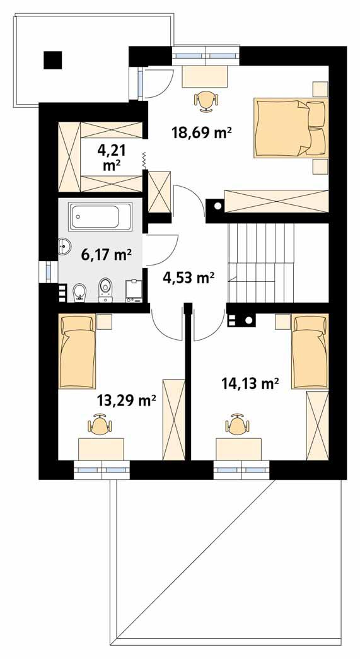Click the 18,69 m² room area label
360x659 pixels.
(202, 132)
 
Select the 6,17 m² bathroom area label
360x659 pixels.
(106, 255)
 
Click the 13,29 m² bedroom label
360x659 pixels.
(126, 400)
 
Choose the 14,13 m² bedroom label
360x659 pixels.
(250, 382)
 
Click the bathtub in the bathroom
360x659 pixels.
(101, 216)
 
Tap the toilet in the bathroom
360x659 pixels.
(105, 289)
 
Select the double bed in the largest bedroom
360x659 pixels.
(291, 127)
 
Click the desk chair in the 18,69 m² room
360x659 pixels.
(206, 100)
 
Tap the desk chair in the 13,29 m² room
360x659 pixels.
(100, 425)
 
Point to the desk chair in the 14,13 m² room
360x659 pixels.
(237, 425)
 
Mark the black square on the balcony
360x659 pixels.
(53, 59)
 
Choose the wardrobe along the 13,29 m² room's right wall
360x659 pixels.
(173, 419)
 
